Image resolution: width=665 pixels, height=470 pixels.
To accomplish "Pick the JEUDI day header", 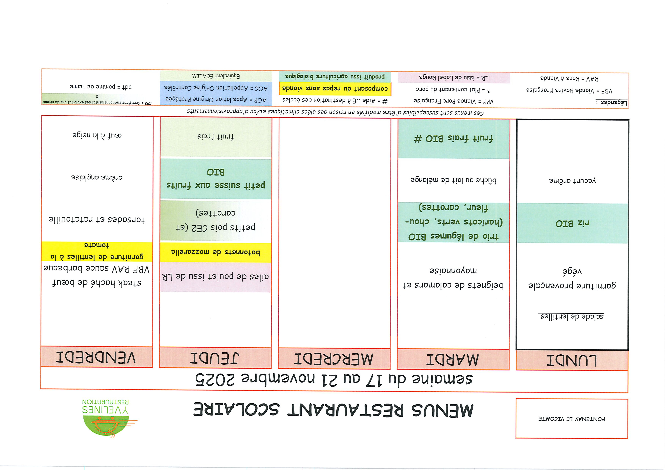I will [215, 358].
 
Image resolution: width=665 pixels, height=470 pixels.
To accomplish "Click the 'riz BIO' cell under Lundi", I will [572, 223].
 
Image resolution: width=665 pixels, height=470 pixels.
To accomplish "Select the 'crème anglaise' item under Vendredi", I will [97, 177].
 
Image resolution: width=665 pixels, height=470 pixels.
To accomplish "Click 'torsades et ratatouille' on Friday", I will [97, 219].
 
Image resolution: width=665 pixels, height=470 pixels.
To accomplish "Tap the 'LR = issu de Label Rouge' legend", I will [454, 78].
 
